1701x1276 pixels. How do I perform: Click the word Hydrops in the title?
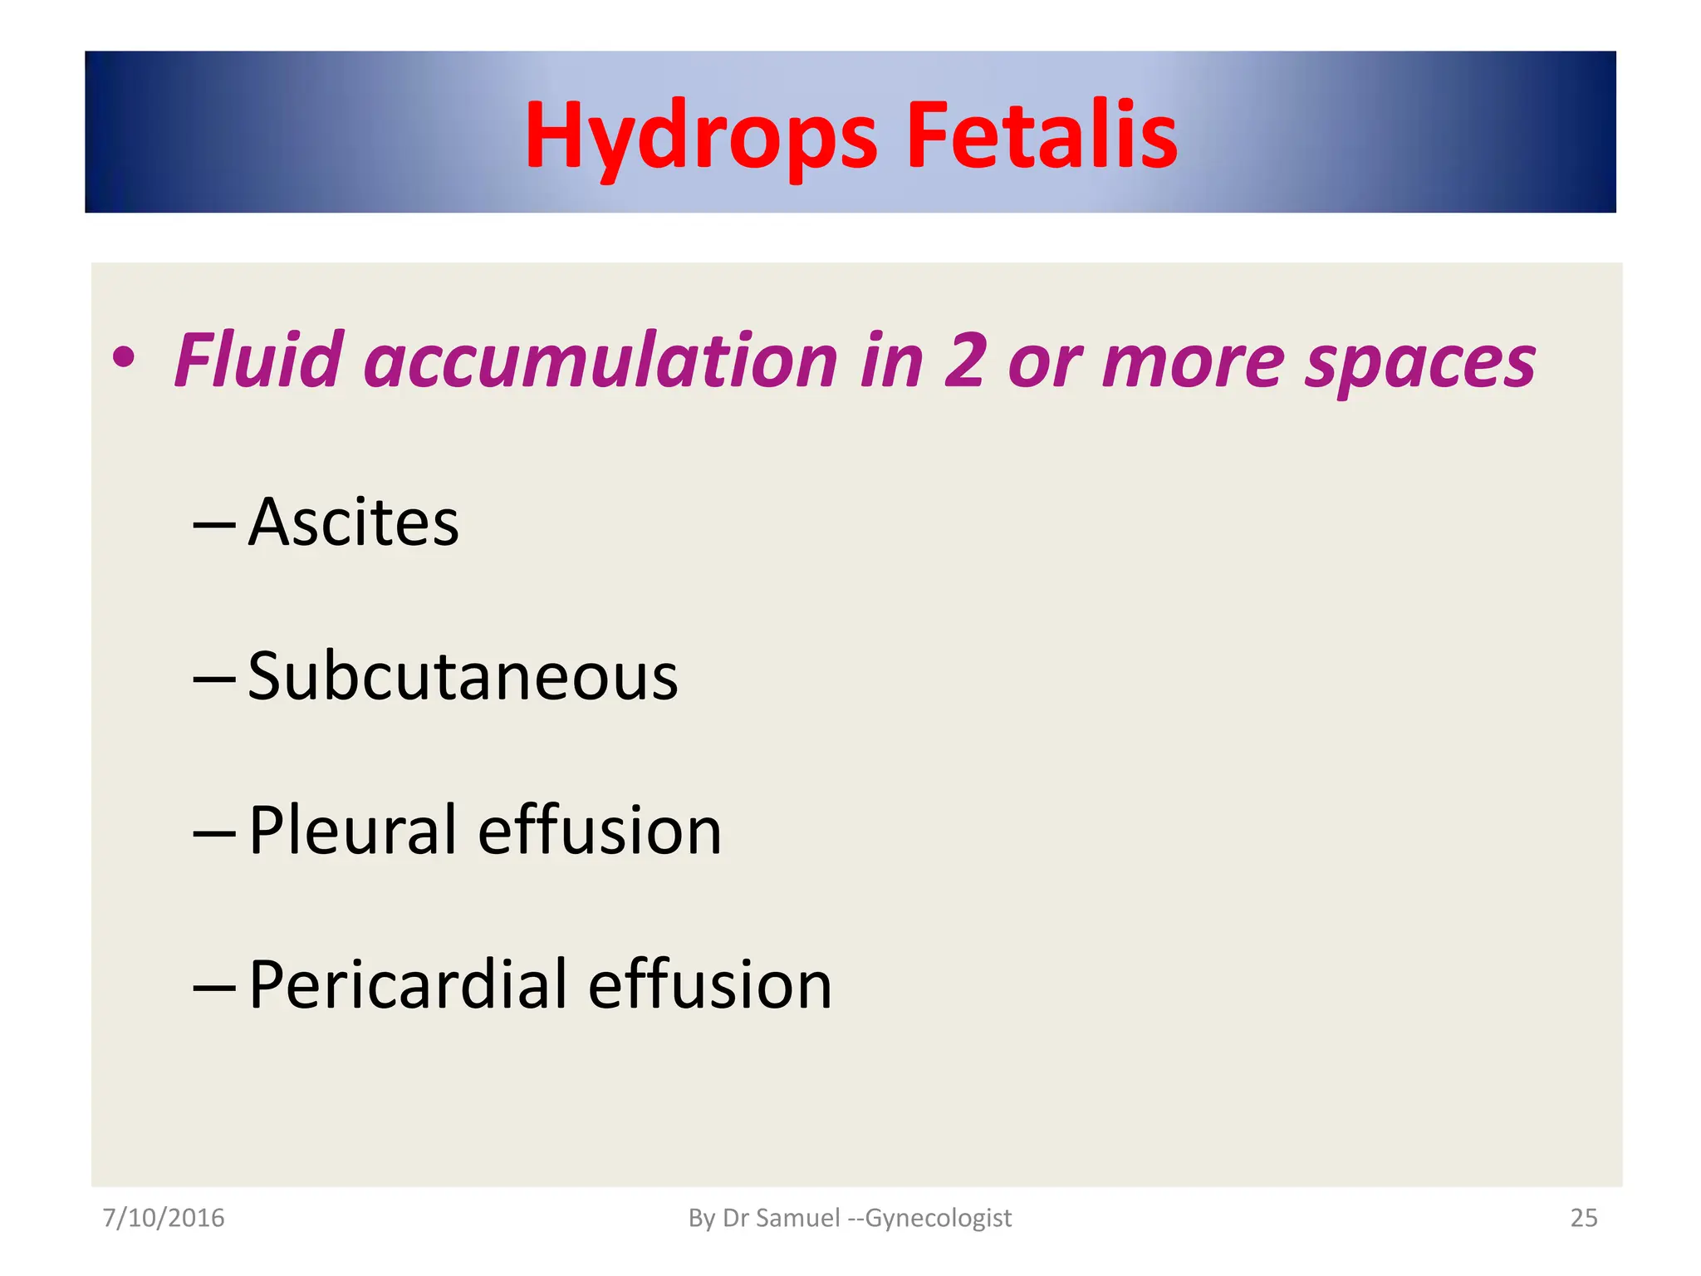pyautogui.click(x=700, y=135)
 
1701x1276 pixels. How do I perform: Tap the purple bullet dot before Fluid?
pyautogui.click(x=124, y=359)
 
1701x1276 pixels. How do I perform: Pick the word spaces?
pyautogui.click(x=1420, y=362)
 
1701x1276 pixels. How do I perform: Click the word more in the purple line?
pyautogui.click(x=1193, y=362)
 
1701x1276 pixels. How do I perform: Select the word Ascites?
pyautogui.click(x=353, y=523)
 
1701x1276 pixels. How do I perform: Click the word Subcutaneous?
pyautogui.click(x=463, y=677)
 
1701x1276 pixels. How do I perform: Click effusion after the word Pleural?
pyautogui.click(x=600, y=830)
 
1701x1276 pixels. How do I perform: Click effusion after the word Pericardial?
pyautogui.click(x=710, y=984)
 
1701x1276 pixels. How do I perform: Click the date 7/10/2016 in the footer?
pyautogui.click(x=163, y=1218)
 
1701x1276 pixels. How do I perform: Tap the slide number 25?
pyautogui.click(x=1583, y=1218)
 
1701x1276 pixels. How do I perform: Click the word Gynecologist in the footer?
pyautogui.click(x=938, y=1219)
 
